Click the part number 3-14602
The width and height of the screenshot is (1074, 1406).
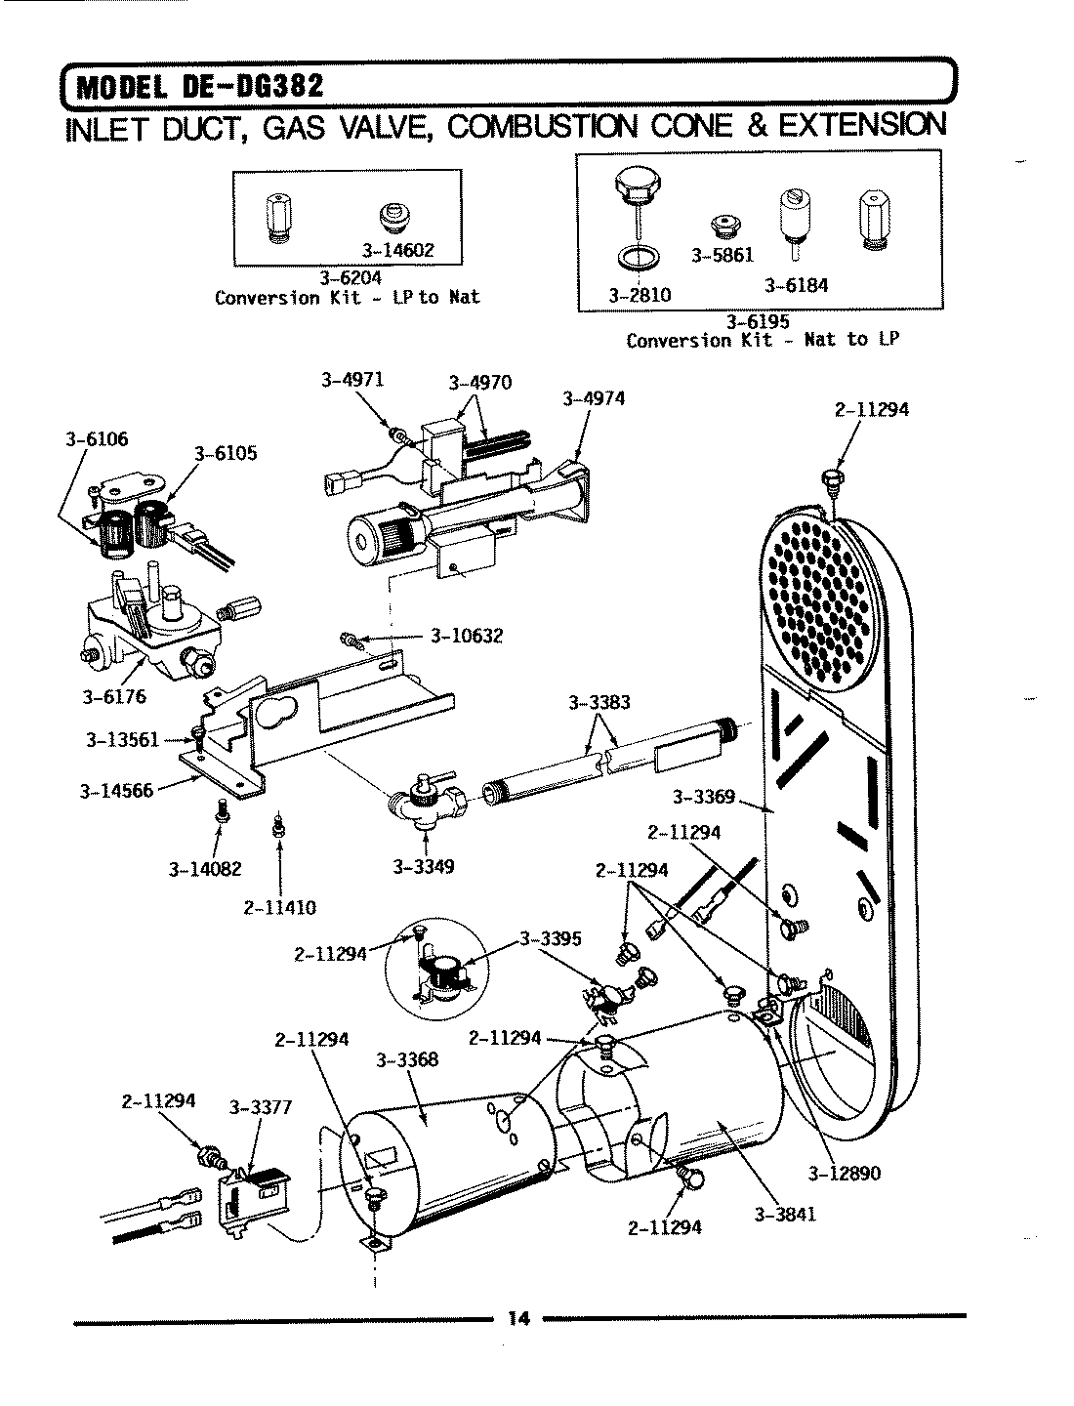click(x=399, y=250)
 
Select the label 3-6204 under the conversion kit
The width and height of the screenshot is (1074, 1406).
click(x=352, y=278)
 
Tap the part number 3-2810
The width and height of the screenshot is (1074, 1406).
click(x=639, y=294)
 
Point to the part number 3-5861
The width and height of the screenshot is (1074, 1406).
click(x=723, y=255)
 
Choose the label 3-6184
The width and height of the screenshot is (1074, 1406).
click(x=796, y=286)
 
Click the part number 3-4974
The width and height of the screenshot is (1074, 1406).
click(x=594, y=398)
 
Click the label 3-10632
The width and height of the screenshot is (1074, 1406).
click(x=466, y=637)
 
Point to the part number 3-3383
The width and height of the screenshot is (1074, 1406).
click(x=599, y=702)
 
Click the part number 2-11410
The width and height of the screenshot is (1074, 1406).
click(x=279, y=907)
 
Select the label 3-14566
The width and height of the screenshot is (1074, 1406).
click(x=116, y=791)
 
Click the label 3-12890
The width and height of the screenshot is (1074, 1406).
click(x=845, y=1173)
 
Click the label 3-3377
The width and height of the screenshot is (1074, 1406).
click(x=260, y=1107)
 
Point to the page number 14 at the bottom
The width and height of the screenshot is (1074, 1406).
click(x=517, y=1319)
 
